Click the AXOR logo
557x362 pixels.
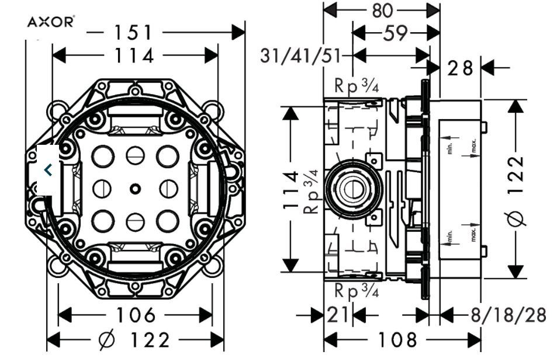[51, 22]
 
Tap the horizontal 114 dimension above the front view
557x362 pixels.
[134, 56]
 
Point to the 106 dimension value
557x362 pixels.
[136, 315]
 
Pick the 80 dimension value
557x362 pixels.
[382, 9]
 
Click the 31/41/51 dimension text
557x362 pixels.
[301, 56]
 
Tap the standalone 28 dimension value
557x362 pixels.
[460, 68]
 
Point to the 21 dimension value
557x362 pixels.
[338, 316]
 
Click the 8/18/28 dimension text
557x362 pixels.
[508, 316]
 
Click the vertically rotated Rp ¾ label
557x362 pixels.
[312, 190]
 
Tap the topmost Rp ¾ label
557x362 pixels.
[357, 86]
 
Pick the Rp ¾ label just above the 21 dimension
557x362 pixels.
[357, 290]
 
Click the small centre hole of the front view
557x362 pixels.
[135, 188]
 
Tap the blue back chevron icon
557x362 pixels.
[49, 170]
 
